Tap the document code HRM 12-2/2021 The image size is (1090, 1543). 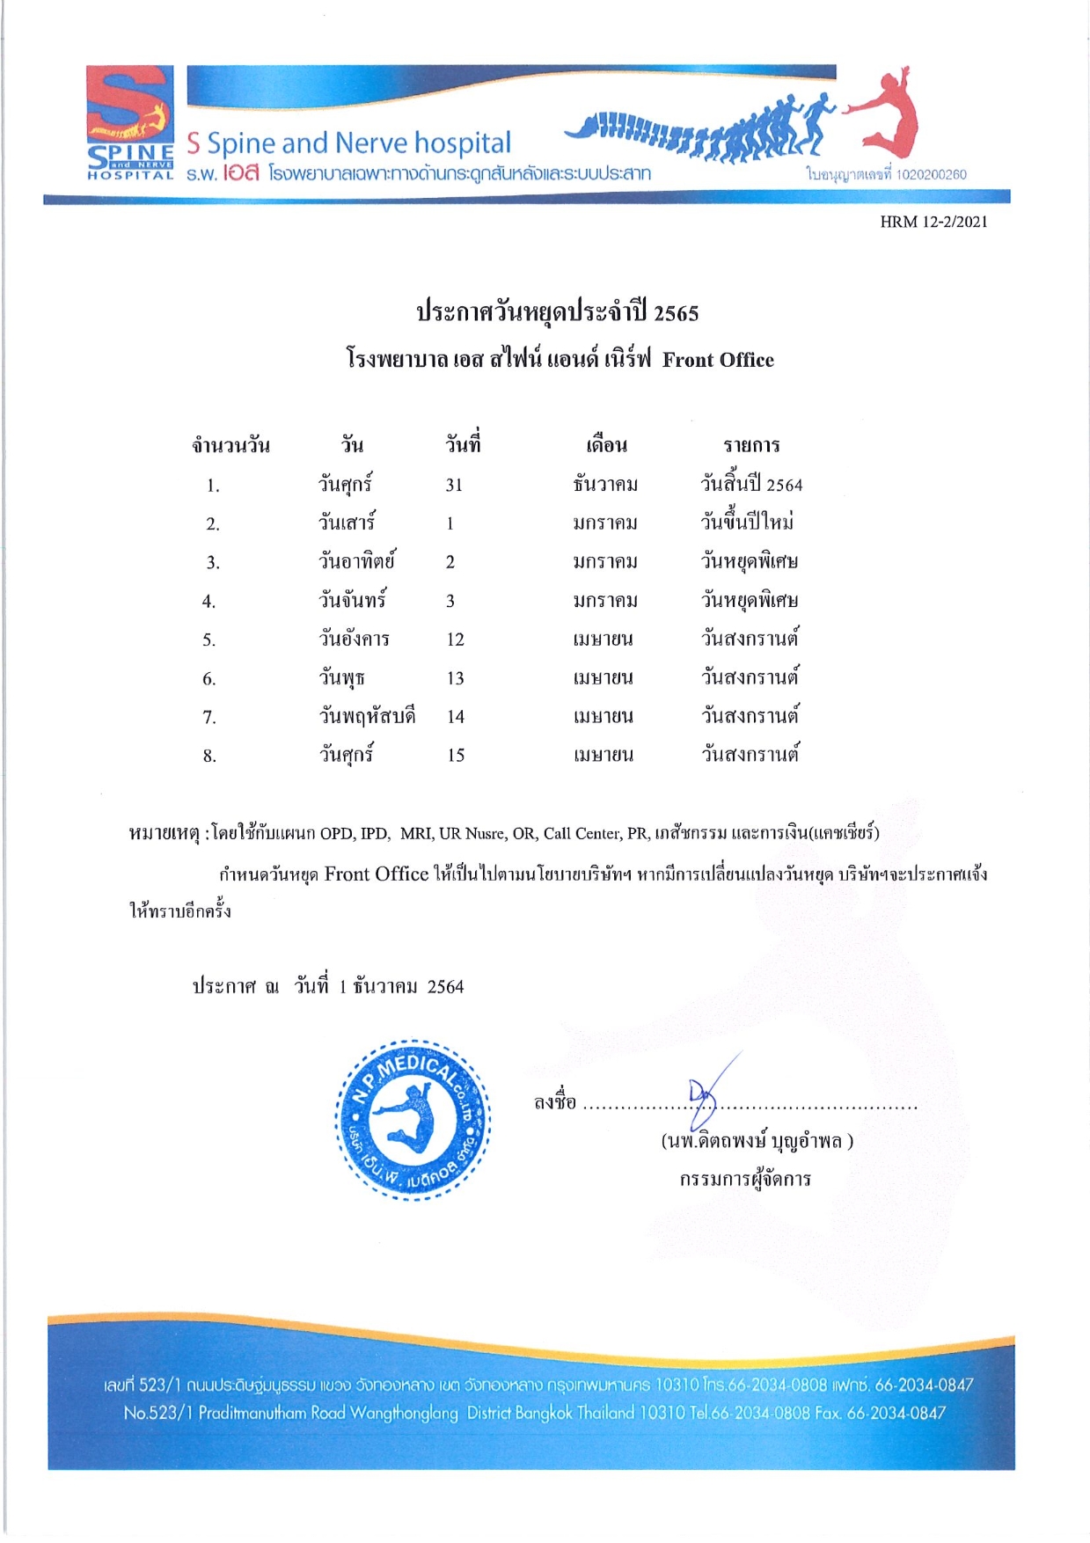pos(933,222)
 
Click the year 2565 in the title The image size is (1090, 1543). pos(676,313)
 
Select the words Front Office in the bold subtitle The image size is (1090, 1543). pos(718,360)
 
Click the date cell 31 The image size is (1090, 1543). pos(454,485)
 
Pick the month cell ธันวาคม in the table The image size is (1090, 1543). pos(604,485)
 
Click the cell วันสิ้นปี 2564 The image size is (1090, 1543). pos(750,485)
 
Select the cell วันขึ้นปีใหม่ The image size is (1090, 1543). pos(747,523)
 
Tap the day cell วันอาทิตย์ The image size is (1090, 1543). pos(356,561)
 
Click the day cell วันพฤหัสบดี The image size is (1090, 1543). pos(367,716)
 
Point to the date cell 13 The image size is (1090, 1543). pos(455,678)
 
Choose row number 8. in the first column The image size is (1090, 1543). pos(209,756)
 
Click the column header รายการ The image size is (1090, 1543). pos(751,445)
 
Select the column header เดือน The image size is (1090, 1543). pos(606,445)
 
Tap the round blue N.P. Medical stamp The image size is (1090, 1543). pos(413,1119)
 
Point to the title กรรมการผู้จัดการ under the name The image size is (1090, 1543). pos(744,1179)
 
